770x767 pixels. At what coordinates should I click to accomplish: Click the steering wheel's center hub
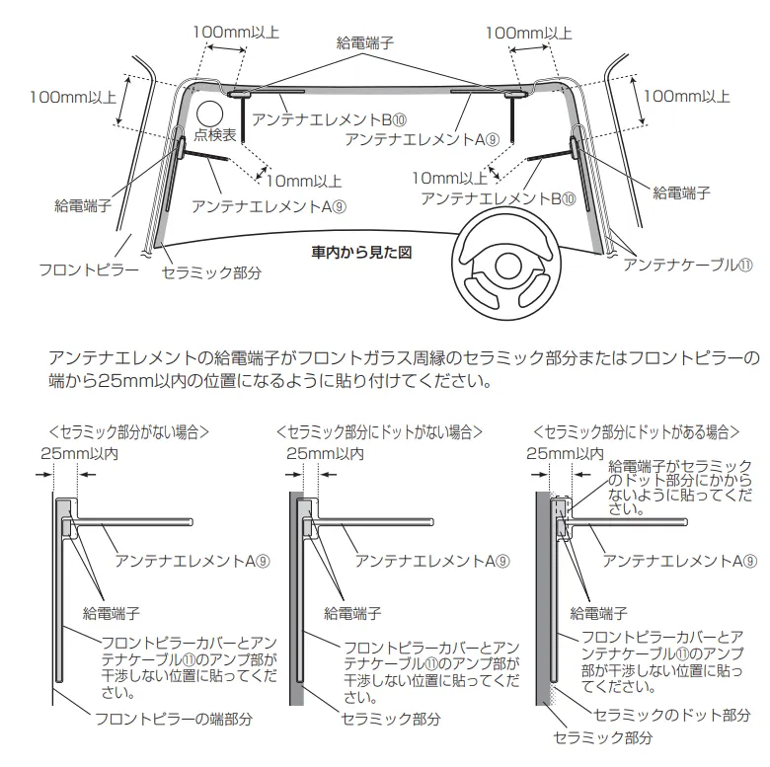pos(509,264)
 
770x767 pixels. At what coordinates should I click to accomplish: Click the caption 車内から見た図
pos(361,252)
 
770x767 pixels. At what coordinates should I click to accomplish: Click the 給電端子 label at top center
pos(364,42)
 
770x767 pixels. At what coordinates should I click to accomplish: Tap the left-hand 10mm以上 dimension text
pos(304,181)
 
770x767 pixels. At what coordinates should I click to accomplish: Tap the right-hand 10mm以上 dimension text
pos(450,179)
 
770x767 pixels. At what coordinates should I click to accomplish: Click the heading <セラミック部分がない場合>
pos(128,431)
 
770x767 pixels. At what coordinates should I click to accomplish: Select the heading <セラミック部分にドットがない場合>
pos(379,431)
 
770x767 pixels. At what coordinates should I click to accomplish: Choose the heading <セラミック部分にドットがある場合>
pos(636,431)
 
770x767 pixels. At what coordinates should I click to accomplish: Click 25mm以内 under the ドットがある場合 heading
pos(567,453)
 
